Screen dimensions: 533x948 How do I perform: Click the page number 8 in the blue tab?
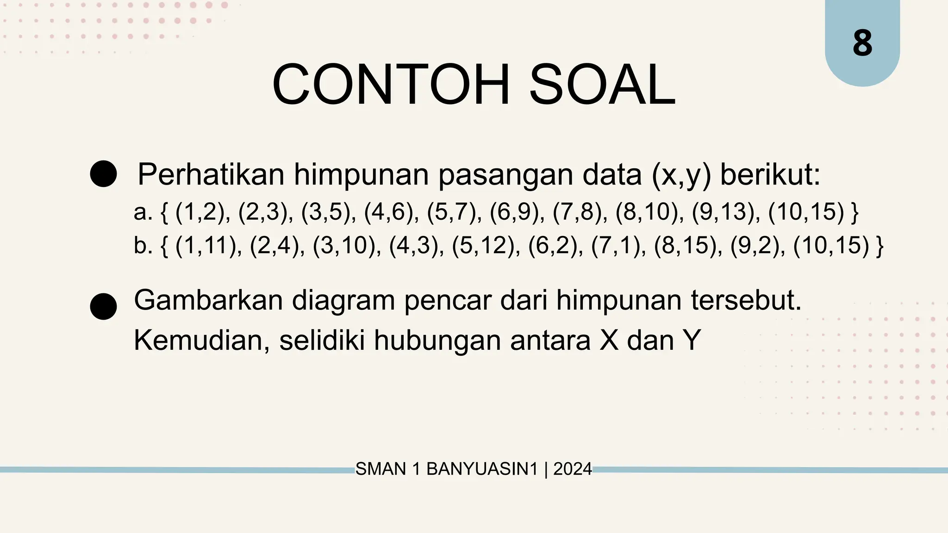click(x=862, y=44)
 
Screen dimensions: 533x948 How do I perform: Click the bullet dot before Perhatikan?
click(x=103, y=174)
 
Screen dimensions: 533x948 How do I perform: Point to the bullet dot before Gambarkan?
click(x=103, y=306)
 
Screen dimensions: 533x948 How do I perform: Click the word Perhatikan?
click(x=211, y=174)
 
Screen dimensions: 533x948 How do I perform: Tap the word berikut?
click(x=770, y=174)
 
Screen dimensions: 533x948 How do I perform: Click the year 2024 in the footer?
click(x=573, y=469)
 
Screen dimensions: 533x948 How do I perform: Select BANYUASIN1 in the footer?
click(x=482, y=469)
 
